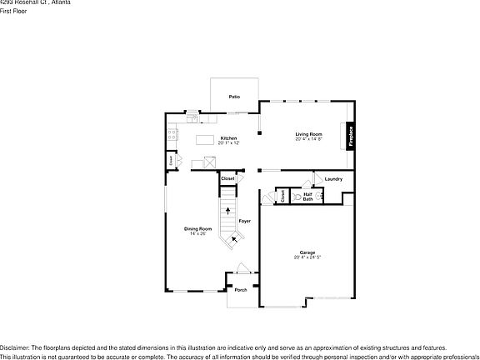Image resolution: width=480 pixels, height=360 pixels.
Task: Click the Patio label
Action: pyautogui.click(x=235, y=97)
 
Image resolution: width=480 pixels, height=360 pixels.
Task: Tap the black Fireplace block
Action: pyautogui.click(x=351, y=136)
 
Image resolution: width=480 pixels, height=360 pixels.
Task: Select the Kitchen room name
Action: pyautogui.click(x=228, y=137)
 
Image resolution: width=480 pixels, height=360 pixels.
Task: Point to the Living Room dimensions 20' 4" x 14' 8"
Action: pyautogui.click(x=308, y=138)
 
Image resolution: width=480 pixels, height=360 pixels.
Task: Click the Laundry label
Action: pyautogui.click(x=334, y=179)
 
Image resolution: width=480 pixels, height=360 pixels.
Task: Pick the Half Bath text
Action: pyautogui.click(x=307, y=197)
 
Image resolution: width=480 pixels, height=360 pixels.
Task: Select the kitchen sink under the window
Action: pyautogui.click(x=192, y=115)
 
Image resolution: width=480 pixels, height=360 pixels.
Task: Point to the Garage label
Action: pyautogui.click(x=307, y=252)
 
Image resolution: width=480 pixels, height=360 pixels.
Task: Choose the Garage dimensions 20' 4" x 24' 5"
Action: pyautogui.click(x=307, y=257)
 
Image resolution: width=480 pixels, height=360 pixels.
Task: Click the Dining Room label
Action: pyautogui.click(x=197, y=228)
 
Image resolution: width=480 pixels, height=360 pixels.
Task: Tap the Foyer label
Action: pyautogui.click(x=245, y=221)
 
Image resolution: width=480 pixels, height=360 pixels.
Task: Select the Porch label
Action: pyautogui.click(x=240, y=290)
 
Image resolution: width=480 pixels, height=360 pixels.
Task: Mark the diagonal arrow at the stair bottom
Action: pyautogui.click(x=235, y=238)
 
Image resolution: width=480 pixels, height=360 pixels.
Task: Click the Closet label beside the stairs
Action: pyautogui.click(x=227, y=178)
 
